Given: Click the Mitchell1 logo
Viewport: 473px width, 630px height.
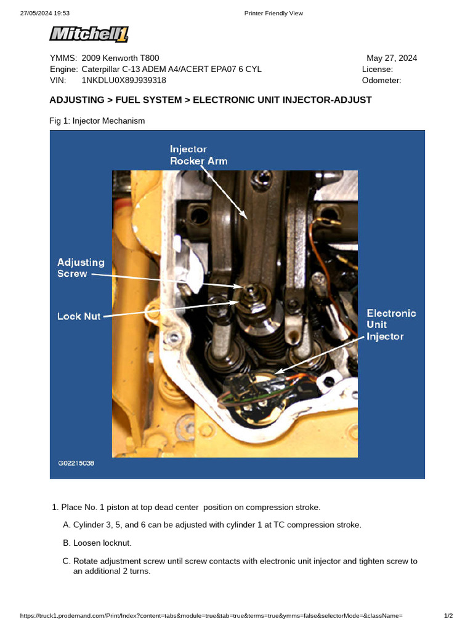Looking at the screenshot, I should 89,35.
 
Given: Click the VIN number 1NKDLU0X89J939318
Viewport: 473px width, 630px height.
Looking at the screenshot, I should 123,80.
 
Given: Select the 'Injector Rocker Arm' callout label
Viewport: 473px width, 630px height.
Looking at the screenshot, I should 198,155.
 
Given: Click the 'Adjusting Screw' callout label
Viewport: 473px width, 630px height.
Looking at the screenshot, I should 81,268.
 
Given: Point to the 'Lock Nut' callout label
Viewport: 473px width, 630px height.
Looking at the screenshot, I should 79,316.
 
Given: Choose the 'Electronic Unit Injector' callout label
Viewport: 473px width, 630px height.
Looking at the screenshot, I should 391,324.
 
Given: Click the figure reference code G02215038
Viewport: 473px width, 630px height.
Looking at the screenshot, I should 76,463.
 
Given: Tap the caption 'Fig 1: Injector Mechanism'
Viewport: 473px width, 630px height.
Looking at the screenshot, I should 97,121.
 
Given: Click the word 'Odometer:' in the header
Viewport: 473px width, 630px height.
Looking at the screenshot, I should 381,80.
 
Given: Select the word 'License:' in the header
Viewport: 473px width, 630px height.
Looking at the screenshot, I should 378,69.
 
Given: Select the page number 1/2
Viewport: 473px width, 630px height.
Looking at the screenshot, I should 448,616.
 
